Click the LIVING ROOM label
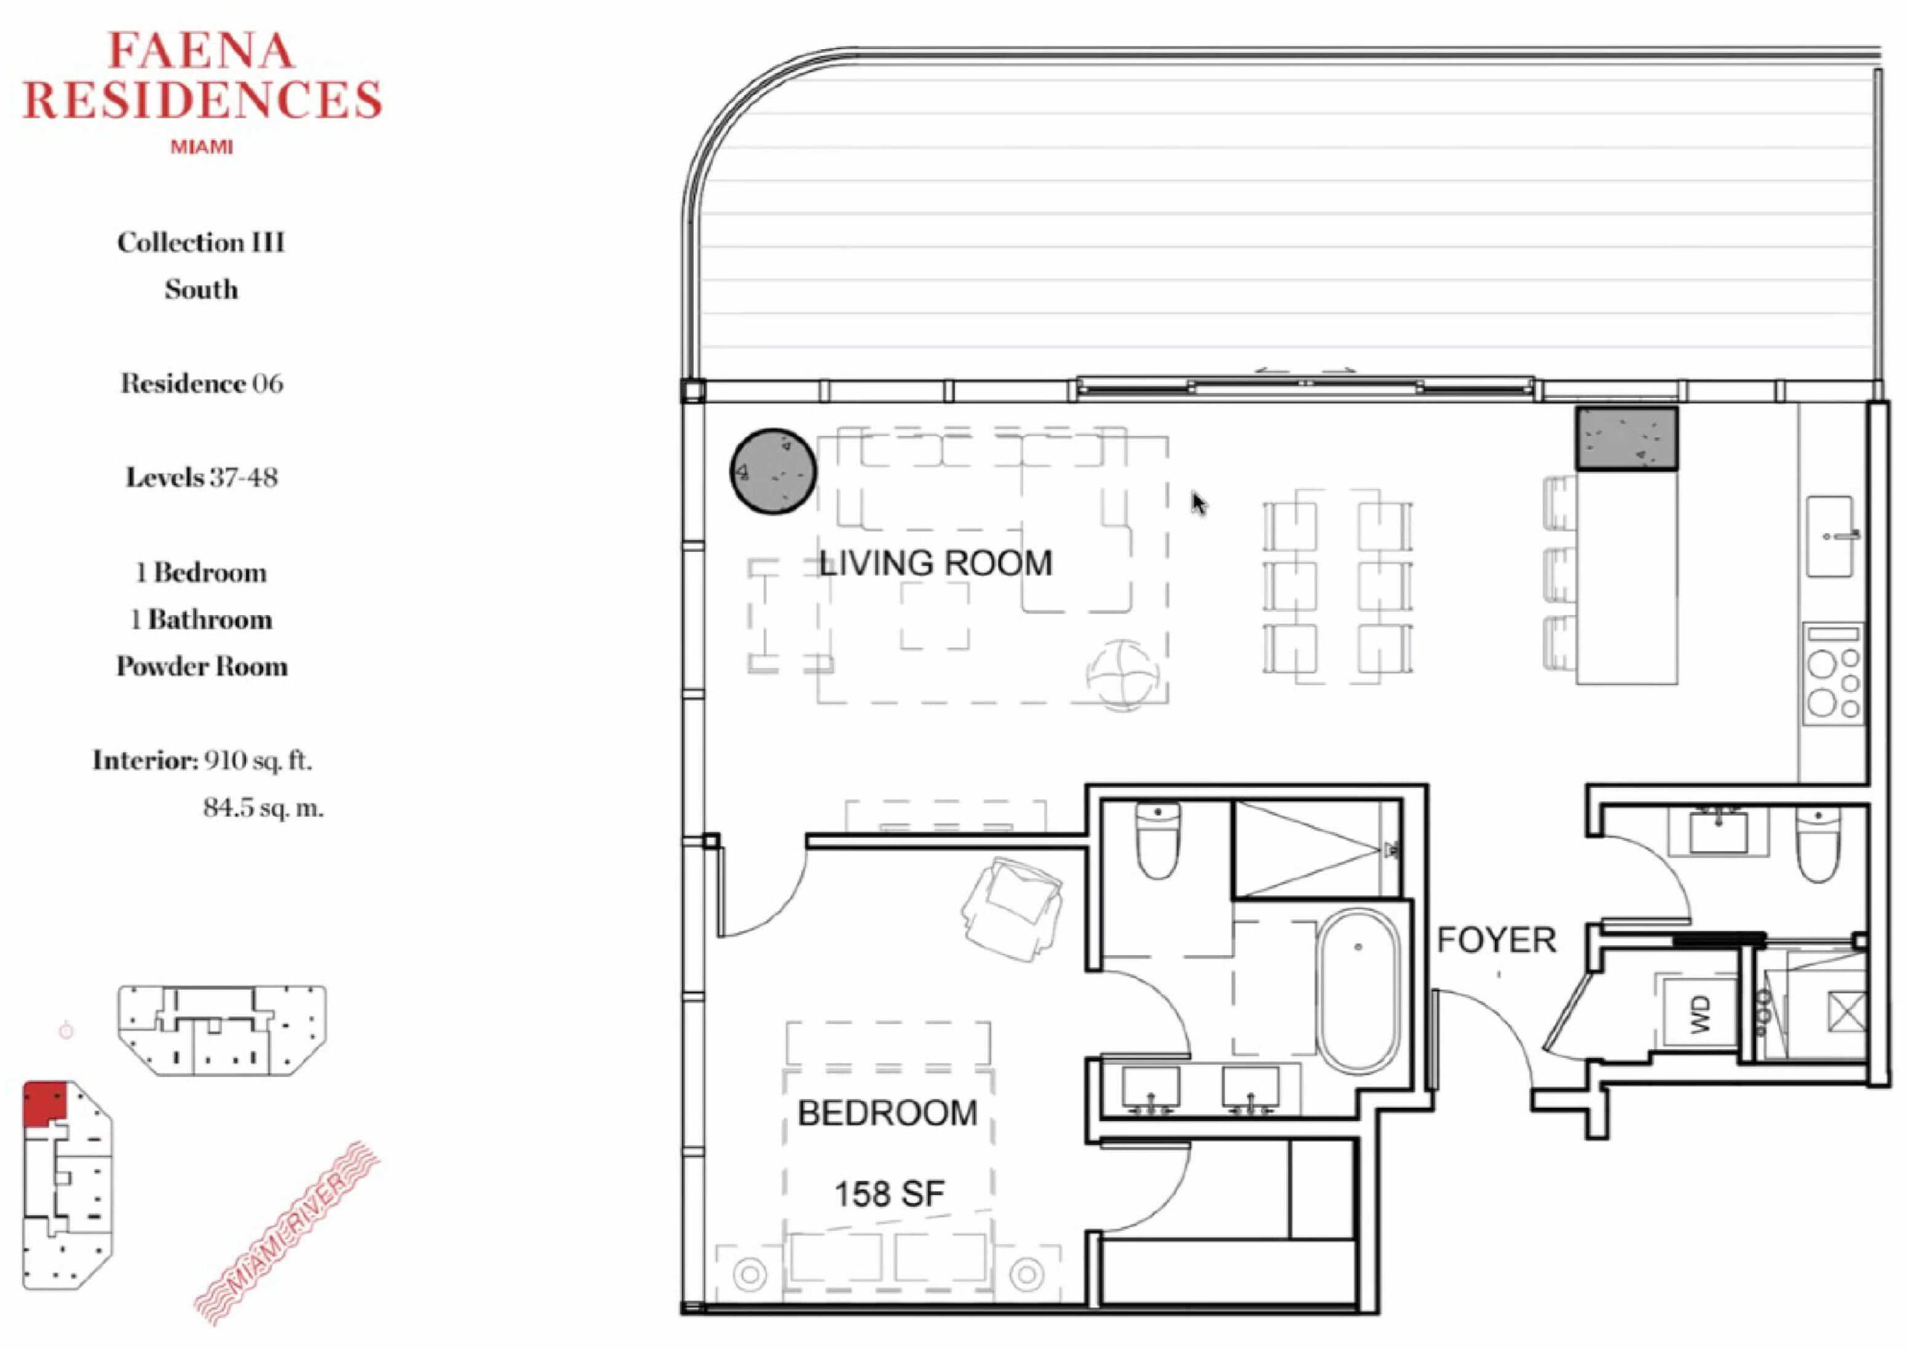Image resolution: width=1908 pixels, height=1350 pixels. point(935,564)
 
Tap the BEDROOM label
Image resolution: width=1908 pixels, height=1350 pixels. point(888,1114)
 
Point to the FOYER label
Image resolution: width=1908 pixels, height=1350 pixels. point(1497,940)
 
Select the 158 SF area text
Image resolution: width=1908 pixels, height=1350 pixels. point(889,1194)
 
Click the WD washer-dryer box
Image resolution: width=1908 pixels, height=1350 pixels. point(1700,1014)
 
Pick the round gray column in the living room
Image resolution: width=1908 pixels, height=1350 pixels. point(773,471)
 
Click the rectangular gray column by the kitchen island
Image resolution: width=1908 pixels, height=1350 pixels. point(1626,439)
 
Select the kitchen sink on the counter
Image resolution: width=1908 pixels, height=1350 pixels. point(1830,536)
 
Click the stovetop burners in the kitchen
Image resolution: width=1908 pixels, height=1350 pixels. point(1833,672)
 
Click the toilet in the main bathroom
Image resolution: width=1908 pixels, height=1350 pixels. point(1157,839)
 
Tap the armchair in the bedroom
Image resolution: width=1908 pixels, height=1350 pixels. point(1011,909)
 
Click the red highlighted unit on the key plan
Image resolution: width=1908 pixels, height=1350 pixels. point(44,1104)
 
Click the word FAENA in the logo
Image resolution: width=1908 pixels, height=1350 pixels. point(202,51)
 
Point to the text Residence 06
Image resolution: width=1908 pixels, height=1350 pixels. point(202,383)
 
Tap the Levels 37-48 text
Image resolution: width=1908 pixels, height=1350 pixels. point(202,477)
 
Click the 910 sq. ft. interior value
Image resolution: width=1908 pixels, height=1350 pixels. point(258,760)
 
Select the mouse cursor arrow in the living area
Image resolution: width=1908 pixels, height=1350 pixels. point(1198,503)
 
